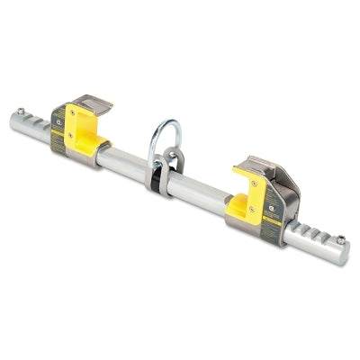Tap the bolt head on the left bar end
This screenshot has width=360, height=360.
tap(21, 112)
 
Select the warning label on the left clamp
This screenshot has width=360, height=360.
tap(59, 126)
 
